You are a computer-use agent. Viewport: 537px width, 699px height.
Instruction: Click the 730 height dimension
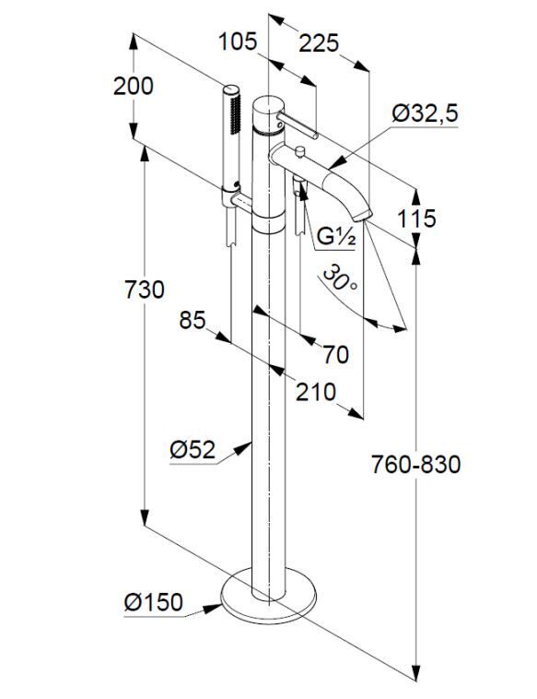coord(144,290)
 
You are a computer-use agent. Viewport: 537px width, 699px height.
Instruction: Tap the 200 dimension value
coord(134,86)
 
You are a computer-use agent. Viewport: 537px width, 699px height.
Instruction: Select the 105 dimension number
coord(238,41)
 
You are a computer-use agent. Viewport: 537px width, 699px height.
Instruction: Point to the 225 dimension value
coord(319,43)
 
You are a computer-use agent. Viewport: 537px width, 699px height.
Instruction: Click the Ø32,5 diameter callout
coord(425,113)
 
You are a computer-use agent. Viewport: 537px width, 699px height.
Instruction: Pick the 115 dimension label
coord(416,219)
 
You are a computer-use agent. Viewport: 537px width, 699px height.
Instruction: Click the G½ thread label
coord(336,237)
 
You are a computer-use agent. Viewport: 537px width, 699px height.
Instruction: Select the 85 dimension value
coord(193,320)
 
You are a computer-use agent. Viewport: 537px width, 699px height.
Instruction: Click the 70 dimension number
coord(335,355)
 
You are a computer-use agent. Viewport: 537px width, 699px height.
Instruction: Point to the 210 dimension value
coord(316,392)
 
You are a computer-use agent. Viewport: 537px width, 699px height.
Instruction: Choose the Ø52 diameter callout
coord(193,449)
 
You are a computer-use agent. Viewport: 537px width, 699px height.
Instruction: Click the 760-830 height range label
coord(416,465)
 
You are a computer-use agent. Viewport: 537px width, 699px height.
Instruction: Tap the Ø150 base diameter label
coord(154,602)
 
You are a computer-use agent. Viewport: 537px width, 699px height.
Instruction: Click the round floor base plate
coord(269,597)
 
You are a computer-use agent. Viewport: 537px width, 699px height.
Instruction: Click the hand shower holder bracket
coord(236,199)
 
